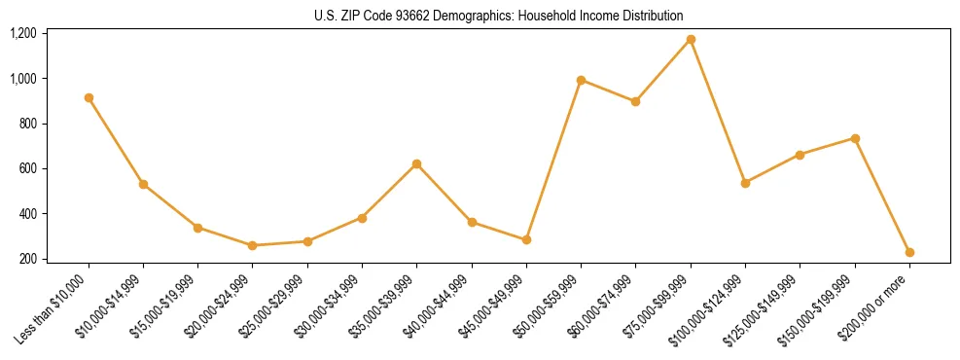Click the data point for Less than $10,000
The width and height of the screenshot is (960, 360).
click(x=89, y=97)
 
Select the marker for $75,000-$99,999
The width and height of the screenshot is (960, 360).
click(x=691, y=39)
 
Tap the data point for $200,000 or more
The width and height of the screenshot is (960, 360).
click(x=909, y=252)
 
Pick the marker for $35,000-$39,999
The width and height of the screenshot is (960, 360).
click(x=417, y=163)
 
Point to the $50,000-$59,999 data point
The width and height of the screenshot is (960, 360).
click(x=581, y=80)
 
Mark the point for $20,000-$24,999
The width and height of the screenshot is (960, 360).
click(x=253, y=245)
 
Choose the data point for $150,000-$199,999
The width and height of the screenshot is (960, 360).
click(x=855, y=138)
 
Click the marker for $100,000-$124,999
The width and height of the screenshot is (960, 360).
click(x=745, y=183)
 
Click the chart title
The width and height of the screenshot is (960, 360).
click(x=498, y=16)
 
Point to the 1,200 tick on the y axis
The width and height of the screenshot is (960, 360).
click(x=22, y=33)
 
